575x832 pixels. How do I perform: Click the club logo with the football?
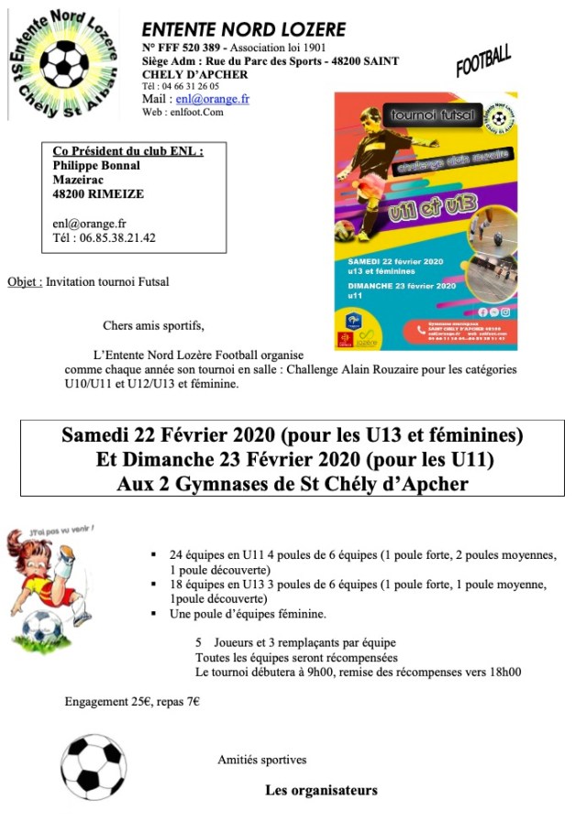(62, 63)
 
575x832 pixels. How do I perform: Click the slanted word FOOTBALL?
(483, 60)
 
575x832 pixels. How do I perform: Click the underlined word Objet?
(24, 282)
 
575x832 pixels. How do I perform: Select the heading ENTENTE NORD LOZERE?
(244, 30)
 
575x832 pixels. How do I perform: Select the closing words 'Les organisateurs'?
(321, 790)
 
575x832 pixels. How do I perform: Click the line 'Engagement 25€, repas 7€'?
(132, 702)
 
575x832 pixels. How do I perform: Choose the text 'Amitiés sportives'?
(262, 760)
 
